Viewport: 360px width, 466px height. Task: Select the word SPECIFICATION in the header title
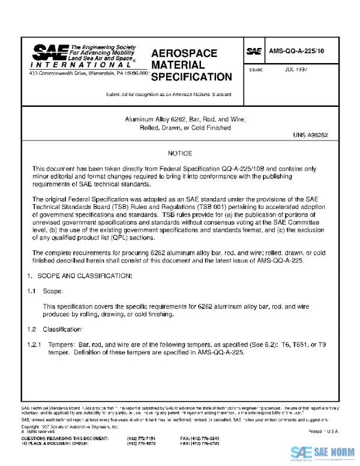pos(191,77)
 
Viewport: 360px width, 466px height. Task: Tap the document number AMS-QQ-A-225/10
pos(296,52)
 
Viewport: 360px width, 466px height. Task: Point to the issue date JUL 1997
pos(297,70)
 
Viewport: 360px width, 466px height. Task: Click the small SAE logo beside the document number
pos(254,52)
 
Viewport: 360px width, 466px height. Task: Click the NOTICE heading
pos(180,154)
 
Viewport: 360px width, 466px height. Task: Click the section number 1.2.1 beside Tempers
pos(34,345)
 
